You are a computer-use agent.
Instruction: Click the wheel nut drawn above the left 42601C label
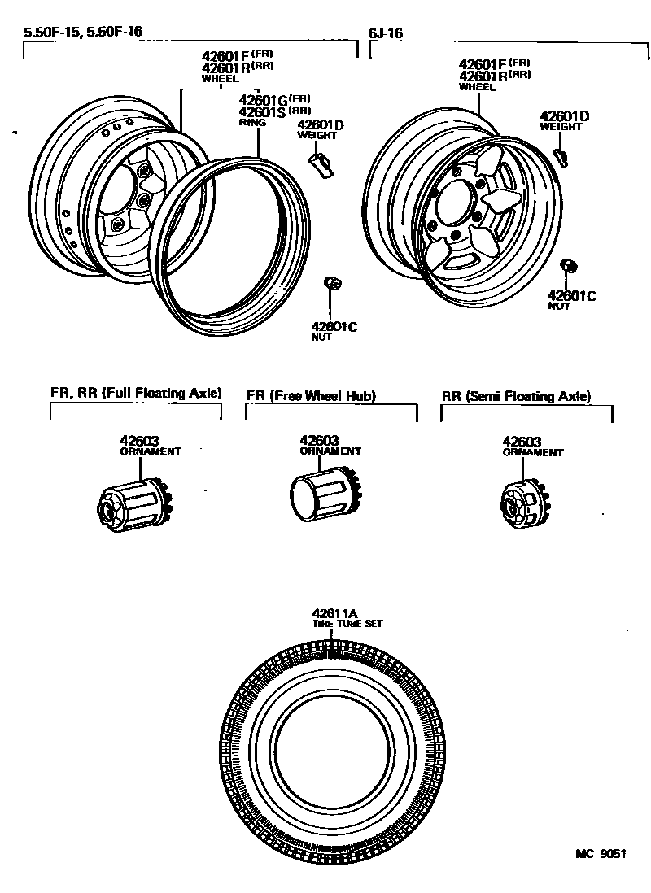[333, 283]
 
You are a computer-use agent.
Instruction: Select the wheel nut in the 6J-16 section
[570, 266]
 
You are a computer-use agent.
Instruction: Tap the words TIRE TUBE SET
[347, 624]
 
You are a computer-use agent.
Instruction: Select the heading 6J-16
[387, 33]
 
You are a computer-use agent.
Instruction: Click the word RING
[248, 122]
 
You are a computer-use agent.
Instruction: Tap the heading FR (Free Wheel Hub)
[311, 396]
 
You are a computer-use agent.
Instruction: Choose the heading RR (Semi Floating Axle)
[516, 396]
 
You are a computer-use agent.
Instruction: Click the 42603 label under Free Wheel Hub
[319, 440]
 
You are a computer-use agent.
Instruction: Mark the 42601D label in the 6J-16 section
[564, 116]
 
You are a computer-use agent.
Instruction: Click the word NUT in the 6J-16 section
[558, 307]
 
